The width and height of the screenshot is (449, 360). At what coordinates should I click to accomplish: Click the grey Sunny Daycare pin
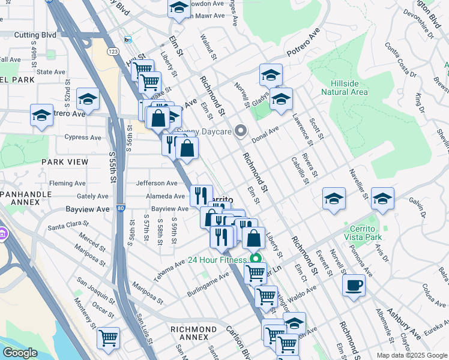coord(241,130)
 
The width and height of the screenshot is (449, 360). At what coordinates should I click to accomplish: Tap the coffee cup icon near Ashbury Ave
coord(354,284)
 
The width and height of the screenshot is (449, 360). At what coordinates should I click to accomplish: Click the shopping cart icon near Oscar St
coord(108,338)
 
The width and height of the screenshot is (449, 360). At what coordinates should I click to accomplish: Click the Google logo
coord(20,353)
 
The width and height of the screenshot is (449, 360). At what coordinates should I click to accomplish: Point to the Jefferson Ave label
coord(157,183)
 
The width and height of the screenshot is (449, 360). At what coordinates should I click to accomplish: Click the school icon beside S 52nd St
coord(88,100)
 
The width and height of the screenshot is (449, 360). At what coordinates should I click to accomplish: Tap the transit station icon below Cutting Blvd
coord(127,40)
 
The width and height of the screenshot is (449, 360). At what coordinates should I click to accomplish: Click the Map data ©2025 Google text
coord(411,355)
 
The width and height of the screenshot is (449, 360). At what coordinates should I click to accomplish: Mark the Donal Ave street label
coord(265,131)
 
